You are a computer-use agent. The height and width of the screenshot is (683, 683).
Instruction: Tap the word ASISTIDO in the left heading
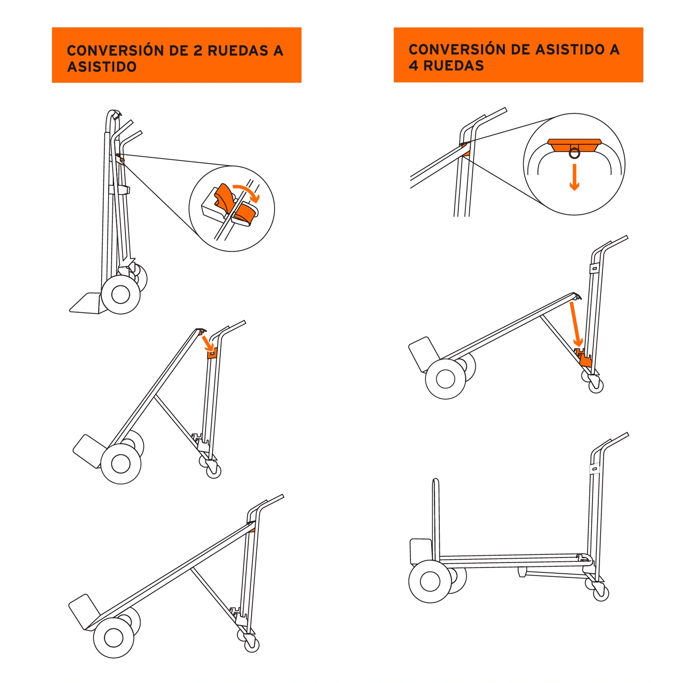click(x=102, y=67)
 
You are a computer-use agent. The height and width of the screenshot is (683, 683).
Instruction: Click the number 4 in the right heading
click(x=413, y=66)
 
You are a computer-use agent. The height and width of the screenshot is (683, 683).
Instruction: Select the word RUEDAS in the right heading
click(x=454, y=66)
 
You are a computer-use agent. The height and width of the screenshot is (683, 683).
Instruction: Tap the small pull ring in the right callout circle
click(x=575, y=153)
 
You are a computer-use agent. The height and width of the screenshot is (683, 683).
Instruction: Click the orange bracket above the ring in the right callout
click(x=575, y=145)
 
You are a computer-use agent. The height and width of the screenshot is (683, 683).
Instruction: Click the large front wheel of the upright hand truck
click(x=121, y=295)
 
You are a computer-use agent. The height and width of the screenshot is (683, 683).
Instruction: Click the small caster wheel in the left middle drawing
click(x=214, y=470)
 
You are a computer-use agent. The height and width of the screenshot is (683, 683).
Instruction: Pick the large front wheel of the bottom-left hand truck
click(x=114, y=637)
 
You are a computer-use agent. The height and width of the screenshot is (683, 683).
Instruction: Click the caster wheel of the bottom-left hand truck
click(x=252, y=644)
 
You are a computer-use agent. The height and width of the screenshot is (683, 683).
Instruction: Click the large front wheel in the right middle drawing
click(x=445, y=379)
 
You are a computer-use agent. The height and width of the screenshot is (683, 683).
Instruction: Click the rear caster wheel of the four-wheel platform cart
click(x=601, y=593)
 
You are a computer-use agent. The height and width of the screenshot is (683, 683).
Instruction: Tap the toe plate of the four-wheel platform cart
click(x=421, y=551)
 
